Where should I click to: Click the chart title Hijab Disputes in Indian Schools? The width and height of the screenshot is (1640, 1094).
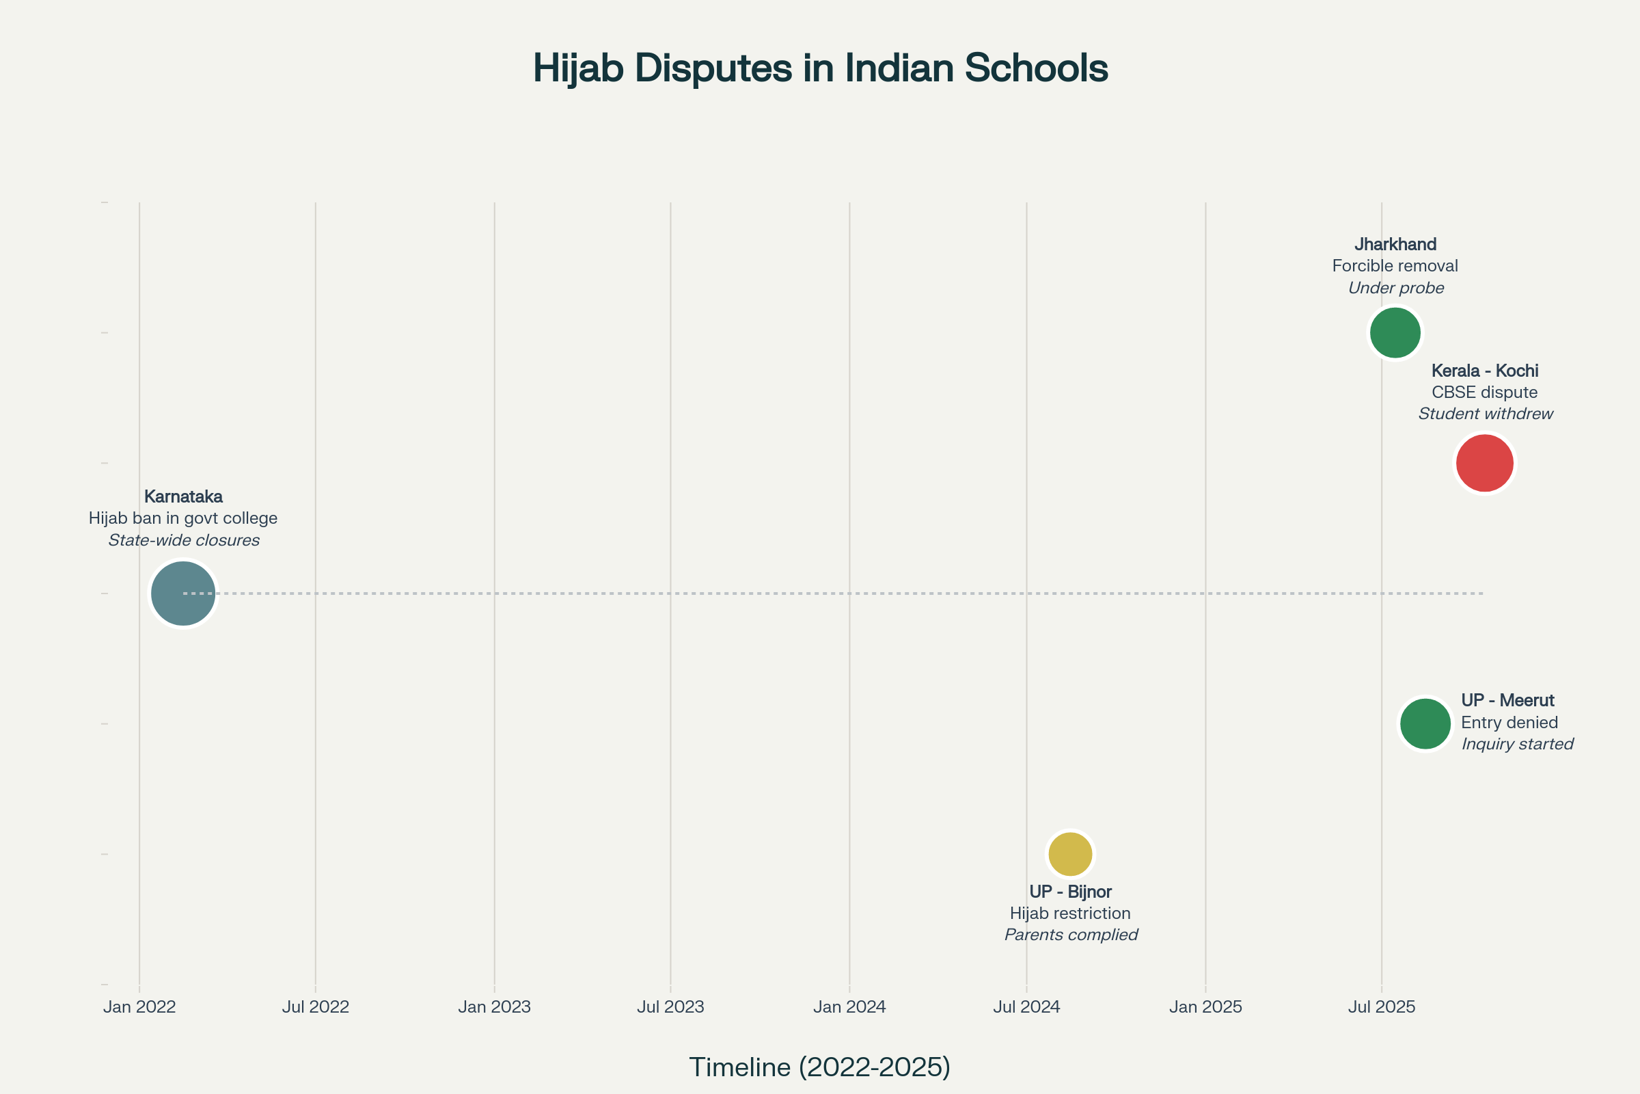point(820,68)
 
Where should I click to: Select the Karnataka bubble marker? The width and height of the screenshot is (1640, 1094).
point(182,593)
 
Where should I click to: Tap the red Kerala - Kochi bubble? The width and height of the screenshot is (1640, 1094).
point(1484,464)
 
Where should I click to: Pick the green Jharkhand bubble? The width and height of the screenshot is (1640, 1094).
point(1395,333)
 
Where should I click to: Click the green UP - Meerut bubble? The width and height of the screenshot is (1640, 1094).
point(1425,724)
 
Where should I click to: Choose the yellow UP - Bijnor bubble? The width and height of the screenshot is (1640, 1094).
point(1069,854)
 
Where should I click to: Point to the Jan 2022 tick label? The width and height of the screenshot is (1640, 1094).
point(139,1006)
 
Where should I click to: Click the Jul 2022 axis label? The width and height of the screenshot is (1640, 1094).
point(315,1006)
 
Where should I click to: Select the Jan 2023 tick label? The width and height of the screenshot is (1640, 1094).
point(494,1006)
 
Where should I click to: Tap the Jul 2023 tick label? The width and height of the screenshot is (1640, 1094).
point(670,1006)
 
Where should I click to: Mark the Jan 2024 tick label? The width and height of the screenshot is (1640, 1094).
point(849,1006)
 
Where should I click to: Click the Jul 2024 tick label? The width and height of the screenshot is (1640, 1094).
point(1026,1006)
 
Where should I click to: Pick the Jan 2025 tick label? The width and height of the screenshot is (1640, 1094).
point(1205,1006)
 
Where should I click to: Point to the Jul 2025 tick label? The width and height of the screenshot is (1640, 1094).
point(1381,1006)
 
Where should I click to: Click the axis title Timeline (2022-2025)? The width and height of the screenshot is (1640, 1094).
point(820,1067)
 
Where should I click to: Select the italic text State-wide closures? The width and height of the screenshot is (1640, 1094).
point(184,540)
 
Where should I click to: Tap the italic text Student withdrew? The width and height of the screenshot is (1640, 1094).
point(1485,414)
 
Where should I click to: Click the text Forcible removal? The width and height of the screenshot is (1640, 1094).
point(1395,266)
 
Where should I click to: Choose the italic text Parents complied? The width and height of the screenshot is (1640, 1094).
point(1071,935)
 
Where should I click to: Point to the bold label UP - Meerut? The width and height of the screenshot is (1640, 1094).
point(1507,700)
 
